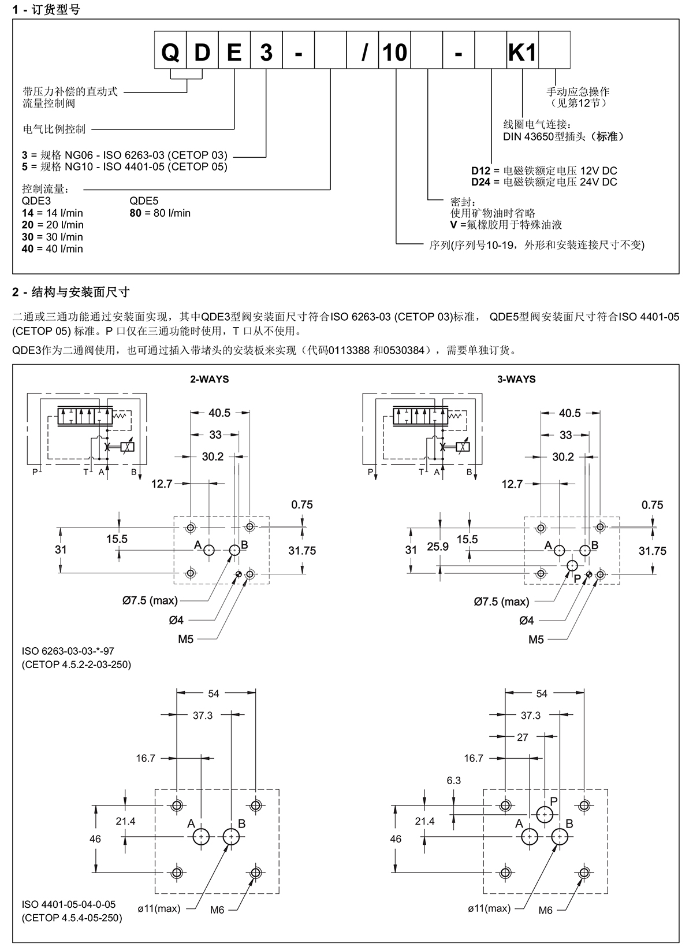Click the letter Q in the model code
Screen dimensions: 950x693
[170, 53]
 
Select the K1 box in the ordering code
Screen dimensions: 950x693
[522, 53]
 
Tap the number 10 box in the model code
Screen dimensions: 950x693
[395, 53]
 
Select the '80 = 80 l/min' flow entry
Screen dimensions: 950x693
[159, 213]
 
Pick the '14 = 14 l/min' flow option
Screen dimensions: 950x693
[52, 213]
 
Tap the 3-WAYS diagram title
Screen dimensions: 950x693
[516, 379]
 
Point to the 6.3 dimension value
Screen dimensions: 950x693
[453, 780]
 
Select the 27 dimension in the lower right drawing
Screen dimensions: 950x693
[522, 737]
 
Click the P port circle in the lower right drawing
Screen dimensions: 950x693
[545, 814]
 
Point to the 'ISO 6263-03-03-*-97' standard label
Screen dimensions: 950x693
[68, 651]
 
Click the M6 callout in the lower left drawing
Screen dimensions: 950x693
[217, 910]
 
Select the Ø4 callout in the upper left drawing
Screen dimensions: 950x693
[176, 620]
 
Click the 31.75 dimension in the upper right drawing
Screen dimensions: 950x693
[652, 551]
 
